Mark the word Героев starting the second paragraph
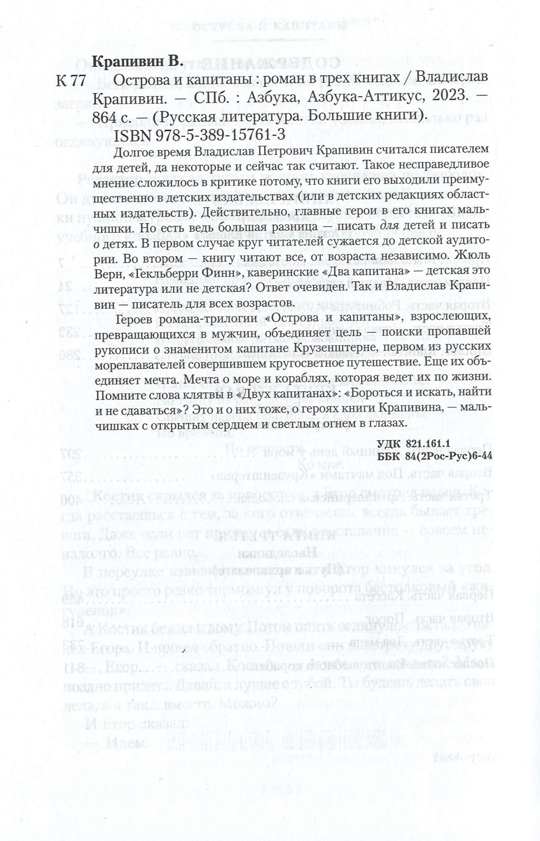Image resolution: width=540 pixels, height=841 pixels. [x=132, y=319]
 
